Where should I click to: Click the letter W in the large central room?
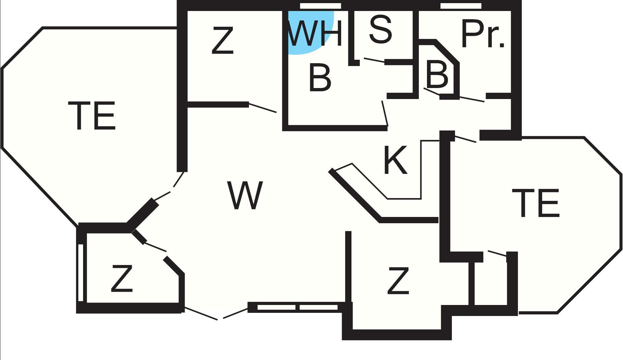(x=245, y=195)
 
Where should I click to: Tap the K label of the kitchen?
(x=396, y=160)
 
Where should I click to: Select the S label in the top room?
(x=381, y=30)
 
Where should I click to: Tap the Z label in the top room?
(x=222, y=40)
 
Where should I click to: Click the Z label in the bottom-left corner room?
(x=122, y=278)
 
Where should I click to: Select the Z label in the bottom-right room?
(x=398, y=281)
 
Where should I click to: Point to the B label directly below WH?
(x=320, y=78)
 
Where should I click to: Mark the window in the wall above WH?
(x=320, y=6)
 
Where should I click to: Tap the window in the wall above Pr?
(x=461, y=6)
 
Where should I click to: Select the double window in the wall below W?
(x=298, y=307)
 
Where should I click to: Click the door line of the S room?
(x=374, y=60)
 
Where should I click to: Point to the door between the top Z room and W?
(x=263, y=108)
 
